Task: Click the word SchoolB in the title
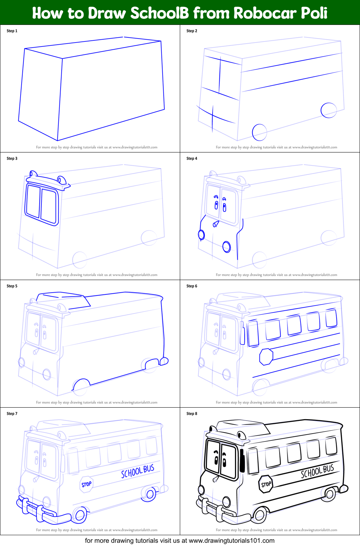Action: [x=159, y=13]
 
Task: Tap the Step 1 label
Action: [x=12, y=31]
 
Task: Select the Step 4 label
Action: [x=192, y=159]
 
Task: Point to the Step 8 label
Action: [x=192, y=414]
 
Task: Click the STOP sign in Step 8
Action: [x=266, y=484]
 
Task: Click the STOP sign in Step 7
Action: [x=86, y=484]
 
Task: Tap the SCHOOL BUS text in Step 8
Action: [x=317, y=471]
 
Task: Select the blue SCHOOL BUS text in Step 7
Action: [x=137, y=471]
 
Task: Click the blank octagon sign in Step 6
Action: [x=266, y=356]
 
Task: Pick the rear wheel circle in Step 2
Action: [x=329, y=110]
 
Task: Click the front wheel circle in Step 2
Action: [x=259, y=132]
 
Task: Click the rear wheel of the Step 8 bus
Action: [x=330, y=494]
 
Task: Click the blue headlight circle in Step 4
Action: [x=226, y=247]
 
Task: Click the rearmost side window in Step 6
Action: [x=331, y=318]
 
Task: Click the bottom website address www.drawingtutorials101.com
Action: [x=231, y=541]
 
